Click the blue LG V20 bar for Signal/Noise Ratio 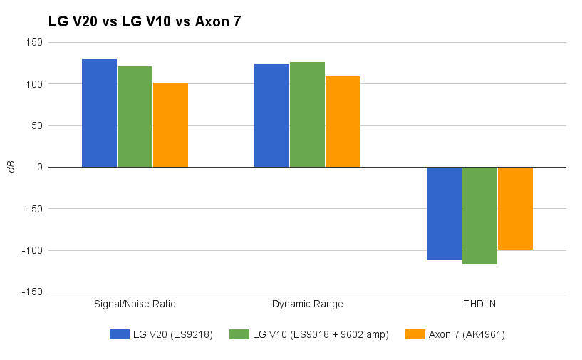[x=99, y=113]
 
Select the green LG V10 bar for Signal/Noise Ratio [x=135, y=117]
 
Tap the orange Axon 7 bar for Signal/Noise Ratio [x=170, y=125]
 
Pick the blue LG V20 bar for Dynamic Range [x=271, y=115]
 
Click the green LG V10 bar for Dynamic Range [x=307, y=115]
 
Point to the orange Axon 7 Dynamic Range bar [x=343, y=122]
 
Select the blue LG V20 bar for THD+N [x=444, y=213]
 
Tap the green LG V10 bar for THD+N [x=479, y=215]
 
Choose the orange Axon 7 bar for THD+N [x=515, y=208]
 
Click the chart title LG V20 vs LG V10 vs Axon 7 [x=145, y=21]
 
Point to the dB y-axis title [x=11, y=167]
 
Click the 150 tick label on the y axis [x=34, y=43]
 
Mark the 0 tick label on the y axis [x=39, y=168]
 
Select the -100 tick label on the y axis [x=31, y=251]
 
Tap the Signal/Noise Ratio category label [x=135, y=304]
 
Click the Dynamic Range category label [x=307, y=304]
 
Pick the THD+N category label [x=479, y=304]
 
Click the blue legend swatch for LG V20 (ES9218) [x=119, y=334]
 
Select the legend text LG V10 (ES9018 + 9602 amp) [x=321, y=334]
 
